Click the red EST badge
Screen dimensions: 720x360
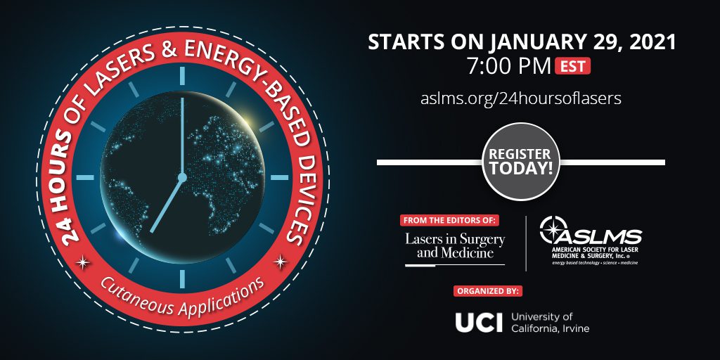572,66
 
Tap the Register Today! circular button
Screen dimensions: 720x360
521,162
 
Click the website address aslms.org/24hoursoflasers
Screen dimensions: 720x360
521,98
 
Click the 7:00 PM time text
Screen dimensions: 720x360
509,67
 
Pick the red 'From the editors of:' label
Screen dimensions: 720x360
449,220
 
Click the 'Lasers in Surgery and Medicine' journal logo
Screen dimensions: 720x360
455,247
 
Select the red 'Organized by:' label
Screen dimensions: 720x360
489,291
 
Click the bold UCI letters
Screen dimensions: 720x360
479,322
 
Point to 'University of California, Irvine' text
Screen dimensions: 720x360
550,322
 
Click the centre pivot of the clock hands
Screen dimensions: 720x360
182,176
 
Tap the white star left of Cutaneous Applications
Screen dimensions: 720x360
83,262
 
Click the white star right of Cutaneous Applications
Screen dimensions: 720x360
280,262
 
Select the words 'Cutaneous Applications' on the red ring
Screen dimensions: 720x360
182,298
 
